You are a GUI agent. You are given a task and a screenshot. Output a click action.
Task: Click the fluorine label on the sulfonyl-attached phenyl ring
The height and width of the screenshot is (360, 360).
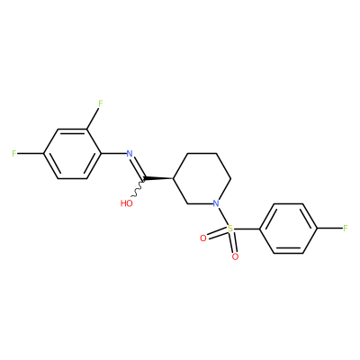[346, 229]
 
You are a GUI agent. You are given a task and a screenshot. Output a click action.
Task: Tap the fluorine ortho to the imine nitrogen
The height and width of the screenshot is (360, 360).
[101, 103]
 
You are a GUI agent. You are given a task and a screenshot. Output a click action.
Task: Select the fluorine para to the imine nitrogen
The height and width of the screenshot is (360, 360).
[14, 154]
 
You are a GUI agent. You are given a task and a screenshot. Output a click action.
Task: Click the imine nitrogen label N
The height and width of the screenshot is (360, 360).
[130, 154]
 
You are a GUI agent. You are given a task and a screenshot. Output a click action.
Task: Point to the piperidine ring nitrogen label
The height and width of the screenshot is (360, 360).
[216, 203]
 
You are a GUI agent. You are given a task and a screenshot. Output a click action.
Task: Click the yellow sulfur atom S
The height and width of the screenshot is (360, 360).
[230, 229]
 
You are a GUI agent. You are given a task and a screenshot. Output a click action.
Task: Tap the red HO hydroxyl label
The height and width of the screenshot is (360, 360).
[127, 203]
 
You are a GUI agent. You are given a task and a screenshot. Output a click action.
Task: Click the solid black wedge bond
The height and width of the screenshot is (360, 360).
[158, 179]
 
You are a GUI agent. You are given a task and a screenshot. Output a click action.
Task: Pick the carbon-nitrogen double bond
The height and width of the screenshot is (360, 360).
[138, 166]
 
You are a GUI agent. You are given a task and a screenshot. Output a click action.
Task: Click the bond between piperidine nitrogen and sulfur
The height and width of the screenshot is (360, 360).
[223, 216]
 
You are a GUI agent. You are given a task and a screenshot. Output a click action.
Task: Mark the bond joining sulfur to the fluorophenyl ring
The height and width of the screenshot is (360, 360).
[247, 229]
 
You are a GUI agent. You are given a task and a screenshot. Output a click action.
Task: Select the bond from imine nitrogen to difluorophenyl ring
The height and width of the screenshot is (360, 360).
[114, 154]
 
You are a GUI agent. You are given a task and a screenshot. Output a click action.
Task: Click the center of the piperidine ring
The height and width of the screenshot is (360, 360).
[202, 179]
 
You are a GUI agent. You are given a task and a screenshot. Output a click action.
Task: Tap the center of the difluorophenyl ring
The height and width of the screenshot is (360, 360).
[72, 154]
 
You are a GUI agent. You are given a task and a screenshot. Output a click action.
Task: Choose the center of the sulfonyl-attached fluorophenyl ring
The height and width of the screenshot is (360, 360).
[288, 229]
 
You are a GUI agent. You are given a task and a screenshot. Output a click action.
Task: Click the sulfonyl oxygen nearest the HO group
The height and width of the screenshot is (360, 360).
[203, 238]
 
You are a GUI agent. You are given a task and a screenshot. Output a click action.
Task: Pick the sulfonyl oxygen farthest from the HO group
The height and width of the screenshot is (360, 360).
[235, 256]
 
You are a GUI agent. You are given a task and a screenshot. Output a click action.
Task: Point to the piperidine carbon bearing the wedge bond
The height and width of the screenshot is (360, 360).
[174, 179]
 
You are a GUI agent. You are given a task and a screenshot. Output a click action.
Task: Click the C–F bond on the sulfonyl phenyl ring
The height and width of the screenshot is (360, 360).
[330, 229]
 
